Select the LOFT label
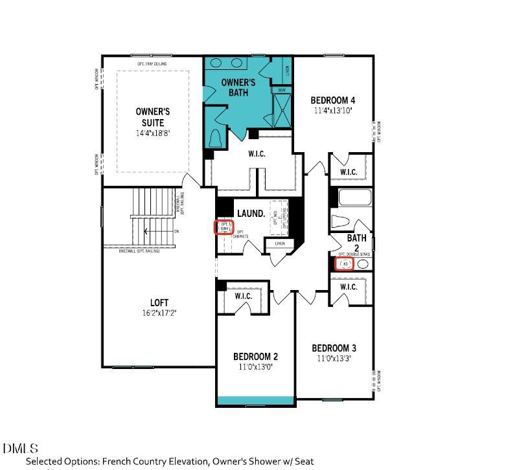[159, 302]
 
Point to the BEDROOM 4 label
[332, 100]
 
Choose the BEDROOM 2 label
[255, 357]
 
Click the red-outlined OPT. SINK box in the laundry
[224, 227]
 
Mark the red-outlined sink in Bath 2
[345, 264]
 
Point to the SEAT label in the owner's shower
[282, 90]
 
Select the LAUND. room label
[251, 213]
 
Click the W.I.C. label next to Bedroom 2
[243, 296]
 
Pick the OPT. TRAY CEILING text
[152, 64]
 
